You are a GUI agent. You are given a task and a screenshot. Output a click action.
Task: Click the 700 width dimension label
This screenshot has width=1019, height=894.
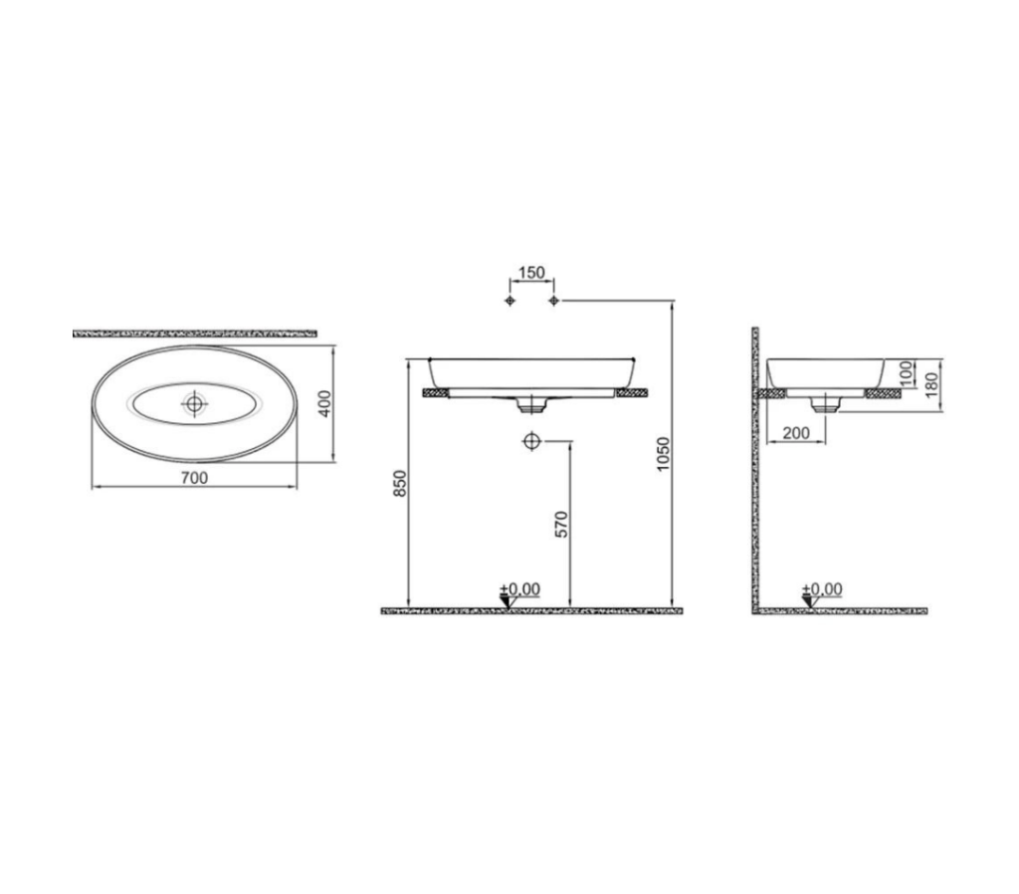(194, 478)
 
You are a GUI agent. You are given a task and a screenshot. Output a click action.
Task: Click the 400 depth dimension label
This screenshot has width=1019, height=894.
(325, 403)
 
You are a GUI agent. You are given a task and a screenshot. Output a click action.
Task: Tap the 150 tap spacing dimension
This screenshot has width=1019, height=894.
(531, 273)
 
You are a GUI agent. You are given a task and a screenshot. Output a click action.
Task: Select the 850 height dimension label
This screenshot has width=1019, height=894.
(400, 483)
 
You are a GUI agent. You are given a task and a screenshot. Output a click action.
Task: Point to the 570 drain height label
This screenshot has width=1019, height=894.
(561, 524)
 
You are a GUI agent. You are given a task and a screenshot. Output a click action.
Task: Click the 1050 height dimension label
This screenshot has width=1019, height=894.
(662, 454)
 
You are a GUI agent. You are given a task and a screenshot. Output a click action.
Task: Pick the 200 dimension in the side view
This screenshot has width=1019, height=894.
(796, 433)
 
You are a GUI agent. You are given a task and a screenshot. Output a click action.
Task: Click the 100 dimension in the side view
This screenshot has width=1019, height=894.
(906, 372)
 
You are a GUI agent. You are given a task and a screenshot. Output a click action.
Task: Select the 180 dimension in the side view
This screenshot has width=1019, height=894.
(931, 384)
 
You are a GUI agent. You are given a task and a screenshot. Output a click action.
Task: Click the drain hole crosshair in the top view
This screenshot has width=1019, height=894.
(194, 404)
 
